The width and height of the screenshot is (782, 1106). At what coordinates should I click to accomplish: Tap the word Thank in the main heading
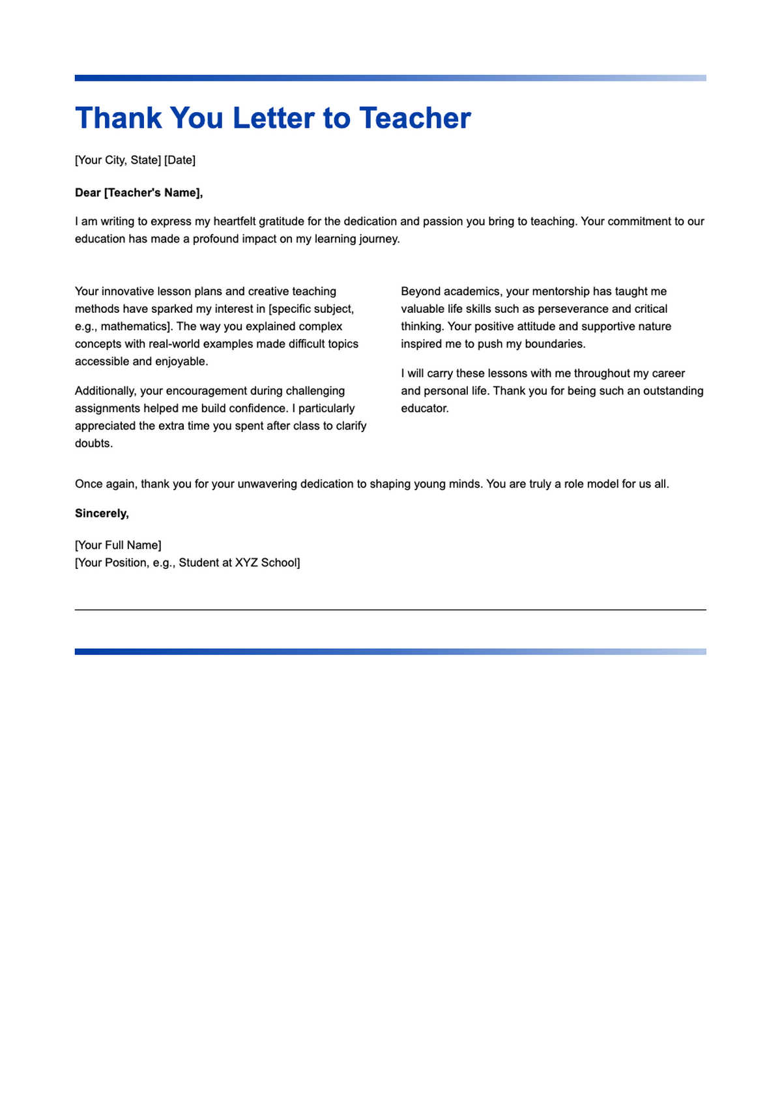point(118,118)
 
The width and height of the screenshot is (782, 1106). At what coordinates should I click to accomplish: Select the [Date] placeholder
point(180,160)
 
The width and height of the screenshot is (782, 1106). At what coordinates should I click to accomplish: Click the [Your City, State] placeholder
point(118,160)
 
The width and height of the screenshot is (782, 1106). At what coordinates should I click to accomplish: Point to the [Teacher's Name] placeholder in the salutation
point(152,192)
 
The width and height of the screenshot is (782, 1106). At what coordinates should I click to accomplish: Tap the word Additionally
point(106,391)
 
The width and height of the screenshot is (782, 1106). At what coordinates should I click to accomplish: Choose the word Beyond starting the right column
point(420,291)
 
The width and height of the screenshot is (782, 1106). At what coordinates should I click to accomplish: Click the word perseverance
point(573,309)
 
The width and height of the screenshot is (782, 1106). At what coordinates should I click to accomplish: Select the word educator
point(424,409)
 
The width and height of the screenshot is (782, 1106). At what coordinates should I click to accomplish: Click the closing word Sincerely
point(101,514)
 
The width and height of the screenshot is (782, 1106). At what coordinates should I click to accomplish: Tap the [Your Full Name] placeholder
point(118,545)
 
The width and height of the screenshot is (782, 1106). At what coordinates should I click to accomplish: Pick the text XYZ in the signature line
point(246,562)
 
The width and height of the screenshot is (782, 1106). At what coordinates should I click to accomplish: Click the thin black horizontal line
point(390,610)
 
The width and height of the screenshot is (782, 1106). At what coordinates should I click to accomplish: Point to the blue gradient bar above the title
point(390,78)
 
